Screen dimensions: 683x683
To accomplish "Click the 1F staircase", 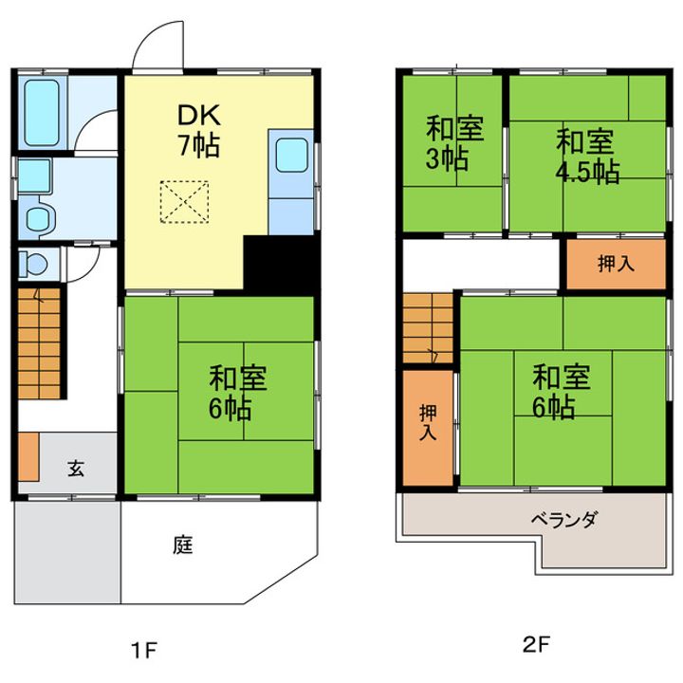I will (x=39, y=343).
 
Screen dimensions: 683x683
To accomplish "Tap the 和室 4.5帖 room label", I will (x=585, y=157).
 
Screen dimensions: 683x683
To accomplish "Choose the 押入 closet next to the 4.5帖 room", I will (x=617, y=265).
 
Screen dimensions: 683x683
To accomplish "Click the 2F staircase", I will (x=428, y=328).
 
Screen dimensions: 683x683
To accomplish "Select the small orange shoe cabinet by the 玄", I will (x=28, y=456).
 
